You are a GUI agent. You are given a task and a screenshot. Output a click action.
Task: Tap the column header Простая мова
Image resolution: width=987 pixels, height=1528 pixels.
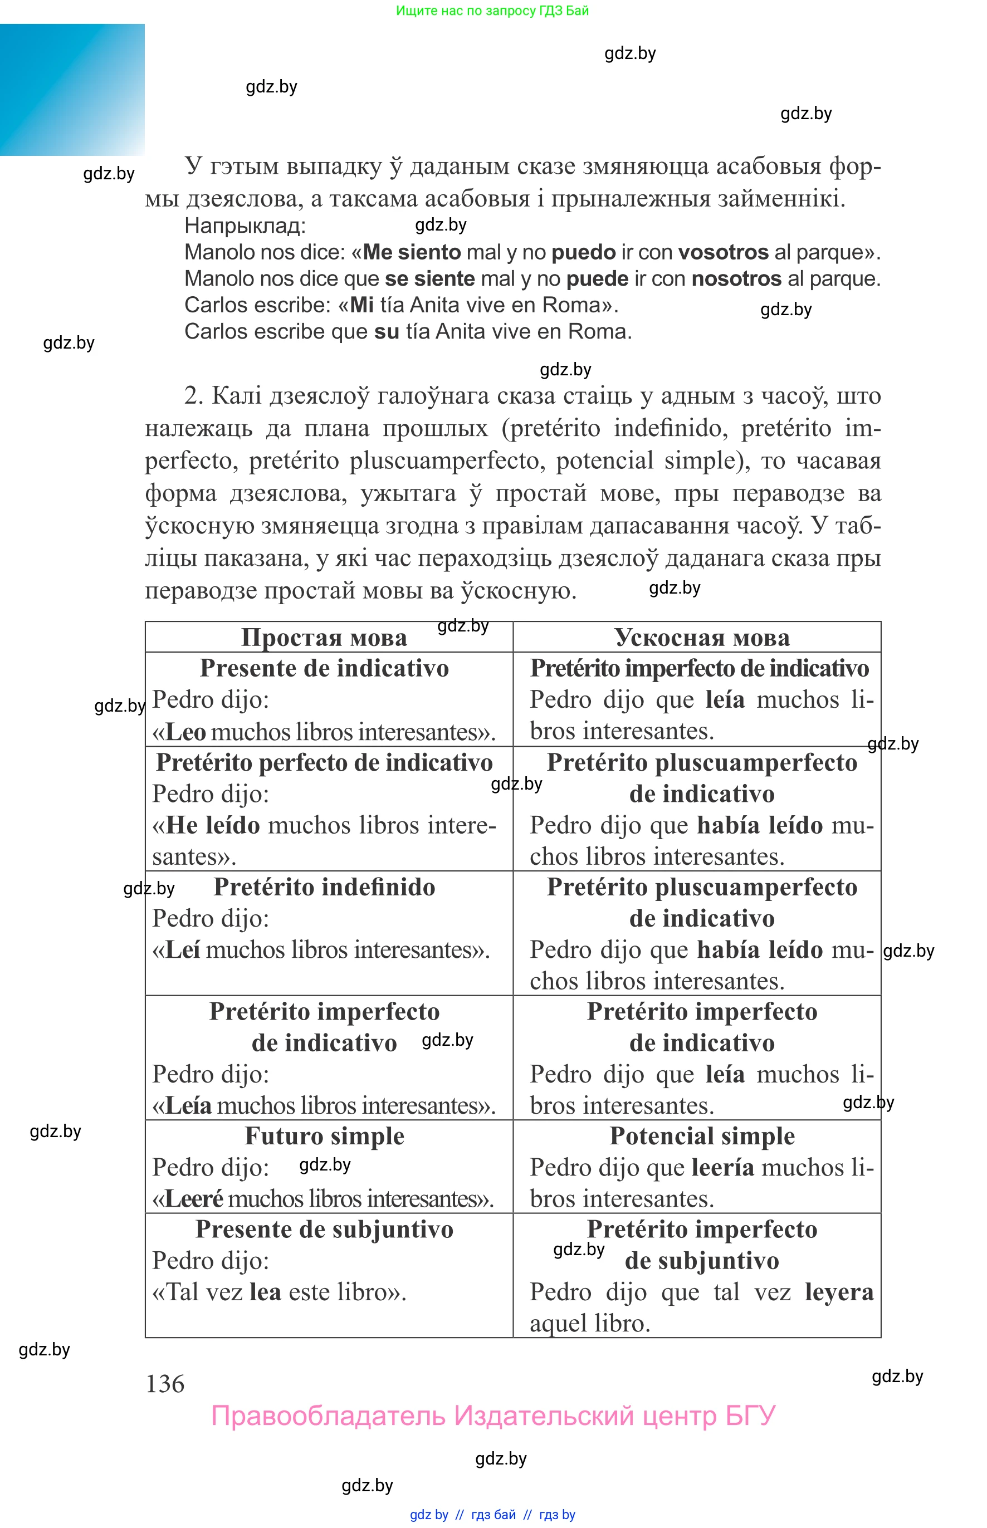tap(324, 638)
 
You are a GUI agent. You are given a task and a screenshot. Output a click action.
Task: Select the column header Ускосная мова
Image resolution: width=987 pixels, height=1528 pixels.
tap(702, 638)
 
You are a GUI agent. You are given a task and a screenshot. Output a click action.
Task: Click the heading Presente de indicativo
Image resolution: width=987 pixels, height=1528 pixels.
tap(324, 668)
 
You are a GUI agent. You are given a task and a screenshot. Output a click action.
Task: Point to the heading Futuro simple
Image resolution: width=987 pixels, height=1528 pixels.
tap(324, 1136)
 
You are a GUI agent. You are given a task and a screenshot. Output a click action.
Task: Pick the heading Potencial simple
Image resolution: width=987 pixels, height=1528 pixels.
tap(702, 1136)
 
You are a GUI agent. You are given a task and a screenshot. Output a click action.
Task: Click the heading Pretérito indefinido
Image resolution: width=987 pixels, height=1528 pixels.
tap(324, 887)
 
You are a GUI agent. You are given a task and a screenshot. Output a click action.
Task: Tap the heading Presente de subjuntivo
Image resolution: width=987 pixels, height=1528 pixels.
tap(324, 1230)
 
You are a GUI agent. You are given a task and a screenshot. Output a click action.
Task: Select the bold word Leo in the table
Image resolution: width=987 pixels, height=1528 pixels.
tap(185, 732)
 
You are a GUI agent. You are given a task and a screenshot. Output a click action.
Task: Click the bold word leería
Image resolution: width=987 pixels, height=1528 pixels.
tap(723, 1167)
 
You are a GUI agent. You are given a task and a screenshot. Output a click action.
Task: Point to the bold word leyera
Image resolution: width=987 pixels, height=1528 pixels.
tap(839, 1292)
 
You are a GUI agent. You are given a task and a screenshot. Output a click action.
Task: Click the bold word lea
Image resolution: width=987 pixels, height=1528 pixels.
tap(265, 1292)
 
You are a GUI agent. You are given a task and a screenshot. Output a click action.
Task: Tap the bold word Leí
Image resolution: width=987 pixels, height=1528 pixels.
tap(183, 949)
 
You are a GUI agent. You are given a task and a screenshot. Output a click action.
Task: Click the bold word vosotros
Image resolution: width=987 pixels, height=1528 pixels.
tap(723, 252)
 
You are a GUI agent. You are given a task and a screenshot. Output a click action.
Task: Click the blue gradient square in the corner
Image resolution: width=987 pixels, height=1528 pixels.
tap(72, 90)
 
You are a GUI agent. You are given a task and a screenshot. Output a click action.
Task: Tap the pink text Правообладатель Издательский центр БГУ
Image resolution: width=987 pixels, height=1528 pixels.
tap(493, 1416)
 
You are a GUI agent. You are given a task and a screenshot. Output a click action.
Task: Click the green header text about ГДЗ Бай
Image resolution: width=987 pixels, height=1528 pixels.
tap(492, 11)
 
